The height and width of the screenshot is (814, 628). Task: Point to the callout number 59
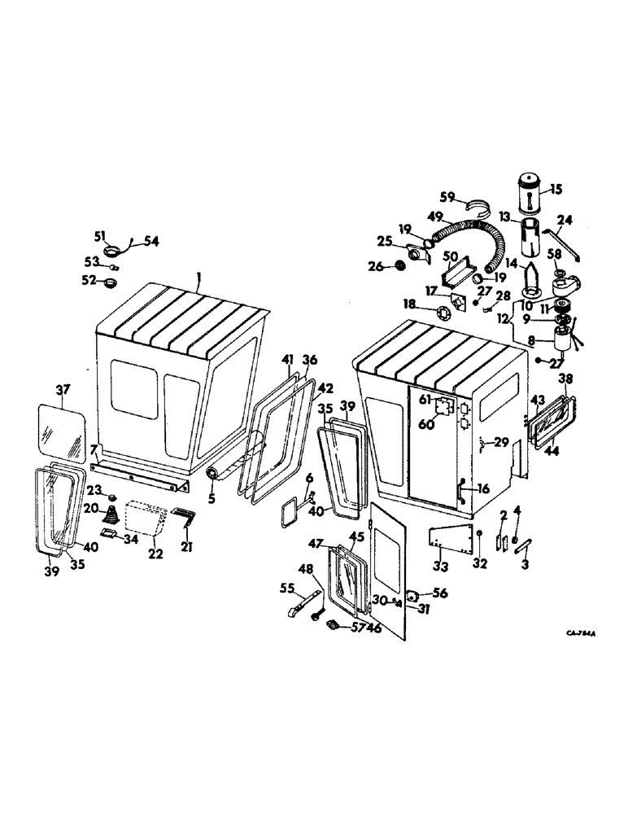[x=469, y=196]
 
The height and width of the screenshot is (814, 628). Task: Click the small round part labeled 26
[x=399, y=266]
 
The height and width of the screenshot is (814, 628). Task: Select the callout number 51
[x=100, y=237]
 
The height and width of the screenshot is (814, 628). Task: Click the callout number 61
[x=423, y=399]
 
